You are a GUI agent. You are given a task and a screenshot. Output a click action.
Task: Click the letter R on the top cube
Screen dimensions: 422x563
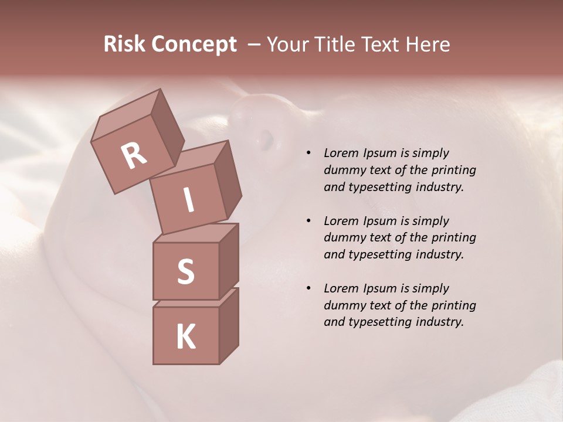(134, 155)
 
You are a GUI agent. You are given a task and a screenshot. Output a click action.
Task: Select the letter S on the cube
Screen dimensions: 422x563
(185, 271)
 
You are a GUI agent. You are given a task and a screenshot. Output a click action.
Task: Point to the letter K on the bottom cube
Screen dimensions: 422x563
(185, 337)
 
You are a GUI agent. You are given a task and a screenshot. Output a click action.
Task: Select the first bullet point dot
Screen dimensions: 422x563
(308, 154)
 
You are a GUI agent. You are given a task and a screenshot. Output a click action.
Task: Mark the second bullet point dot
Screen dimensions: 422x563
(308, 222)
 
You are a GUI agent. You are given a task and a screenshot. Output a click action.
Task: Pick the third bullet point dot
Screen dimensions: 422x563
(308, 289)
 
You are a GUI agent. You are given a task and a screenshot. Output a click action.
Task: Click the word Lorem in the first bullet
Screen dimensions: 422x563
(340, 153)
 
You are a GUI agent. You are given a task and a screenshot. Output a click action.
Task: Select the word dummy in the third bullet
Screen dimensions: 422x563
(343, 305)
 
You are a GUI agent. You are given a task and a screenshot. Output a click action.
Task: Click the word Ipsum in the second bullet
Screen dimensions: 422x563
(378, 221)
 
